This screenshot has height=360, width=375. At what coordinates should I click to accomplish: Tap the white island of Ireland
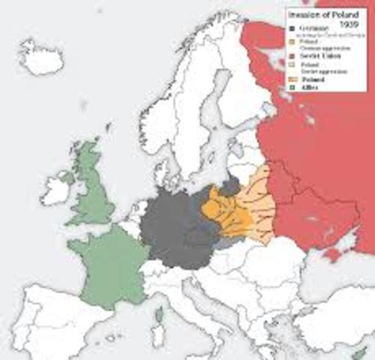coord(57,188)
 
